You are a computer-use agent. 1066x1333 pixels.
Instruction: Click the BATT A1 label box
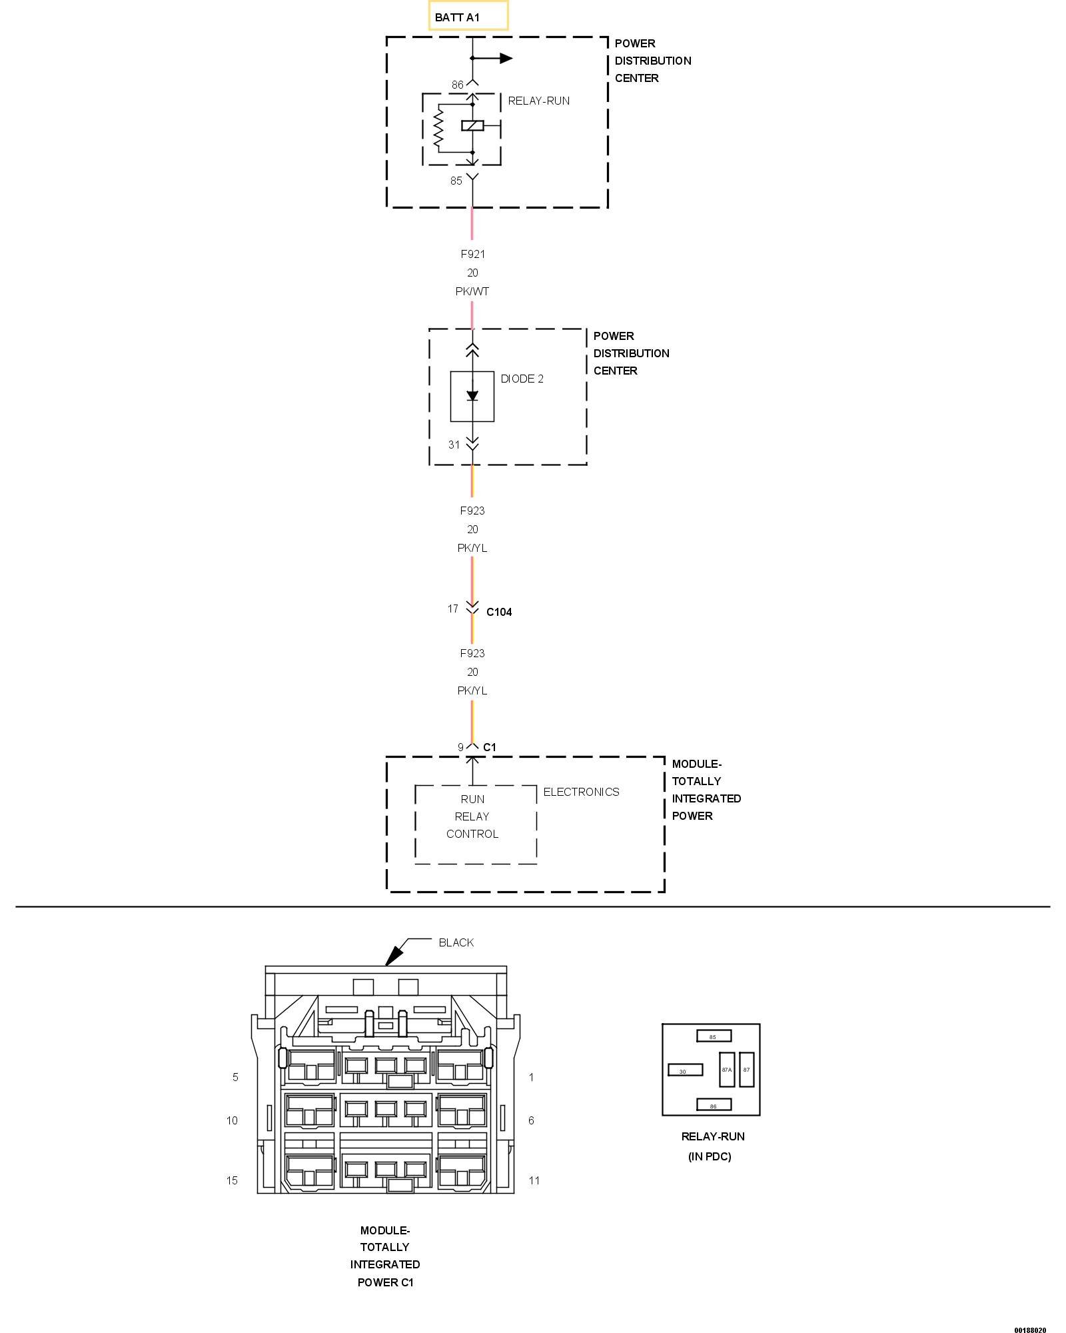[x=468, y=16]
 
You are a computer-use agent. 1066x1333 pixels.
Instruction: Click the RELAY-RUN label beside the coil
[x=538, y=101]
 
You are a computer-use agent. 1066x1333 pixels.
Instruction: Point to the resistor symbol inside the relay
[x=438, y=128]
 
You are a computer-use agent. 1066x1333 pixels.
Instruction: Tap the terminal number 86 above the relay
[x=457, y=85]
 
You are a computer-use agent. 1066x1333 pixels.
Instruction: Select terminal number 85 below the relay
[x=456, y=181]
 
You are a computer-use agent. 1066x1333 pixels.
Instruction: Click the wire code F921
[x=472, y=254]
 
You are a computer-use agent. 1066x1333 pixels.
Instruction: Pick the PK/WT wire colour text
[x=472, y=291]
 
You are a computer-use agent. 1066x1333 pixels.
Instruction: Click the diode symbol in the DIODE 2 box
[x=472, y=396]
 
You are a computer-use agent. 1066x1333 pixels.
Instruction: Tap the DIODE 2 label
[x=522, y=379]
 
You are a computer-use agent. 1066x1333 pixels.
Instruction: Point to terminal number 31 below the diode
[x=454, y=445]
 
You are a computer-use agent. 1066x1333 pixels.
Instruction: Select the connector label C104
[x=499, y=612]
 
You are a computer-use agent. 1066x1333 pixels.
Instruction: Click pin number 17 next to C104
[x=453, y=609]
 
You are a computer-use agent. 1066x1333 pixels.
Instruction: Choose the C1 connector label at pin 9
[x=490, y=747]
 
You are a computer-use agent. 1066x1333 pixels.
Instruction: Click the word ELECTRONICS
[x=581, y=792]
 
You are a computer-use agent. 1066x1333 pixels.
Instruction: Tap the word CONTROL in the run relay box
[x=472, y=834]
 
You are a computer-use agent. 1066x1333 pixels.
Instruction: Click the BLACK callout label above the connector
[x=456, y=942]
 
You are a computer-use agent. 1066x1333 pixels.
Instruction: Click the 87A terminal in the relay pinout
[x=726, y=1070]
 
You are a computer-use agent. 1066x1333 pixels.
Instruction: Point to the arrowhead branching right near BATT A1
[x=506, y=59]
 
